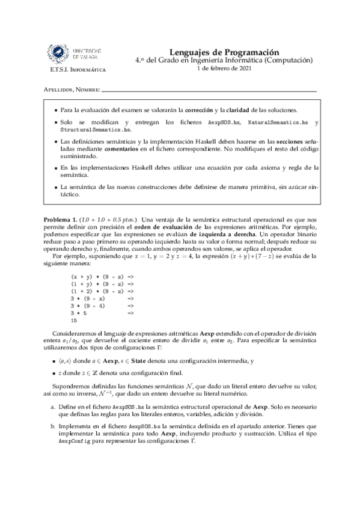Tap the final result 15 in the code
[x=75, y=321]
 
